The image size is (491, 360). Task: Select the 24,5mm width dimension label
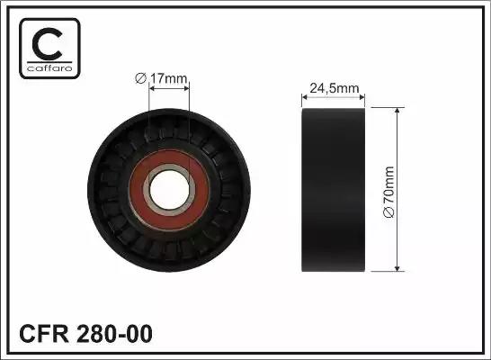tap(335, 88)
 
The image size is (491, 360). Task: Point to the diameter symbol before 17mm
tap(140, 80)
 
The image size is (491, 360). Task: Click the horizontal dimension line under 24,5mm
tap(334, 97)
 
